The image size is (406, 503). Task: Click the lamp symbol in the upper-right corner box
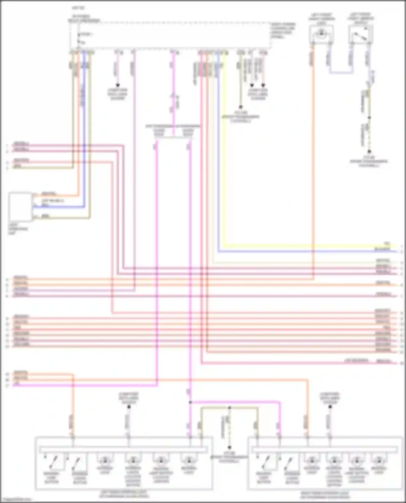321,34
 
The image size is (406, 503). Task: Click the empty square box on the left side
20,207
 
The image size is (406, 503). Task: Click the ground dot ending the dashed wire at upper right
369,152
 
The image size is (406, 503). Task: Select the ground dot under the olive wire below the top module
240,107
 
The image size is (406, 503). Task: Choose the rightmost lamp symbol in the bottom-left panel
189,460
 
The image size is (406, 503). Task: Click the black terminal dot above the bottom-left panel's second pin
129,407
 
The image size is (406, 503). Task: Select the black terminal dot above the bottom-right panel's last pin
330,407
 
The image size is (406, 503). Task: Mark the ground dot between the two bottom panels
229,447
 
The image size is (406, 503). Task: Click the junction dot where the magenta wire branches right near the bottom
190,402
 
